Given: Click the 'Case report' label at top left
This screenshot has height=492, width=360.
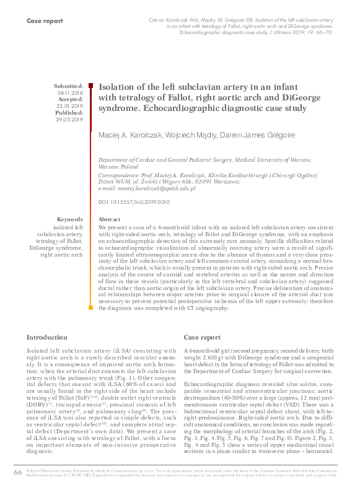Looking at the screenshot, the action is (x=45, y=21).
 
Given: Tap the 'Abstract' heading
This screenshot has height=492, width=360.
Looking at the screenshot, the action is (x=110, y=219).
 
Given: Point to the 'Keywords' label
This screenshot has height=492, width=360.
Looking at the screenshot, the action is (x=69, y=219).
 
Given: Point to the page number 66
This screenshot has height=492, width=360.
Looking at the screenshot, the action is (x=17, y=473).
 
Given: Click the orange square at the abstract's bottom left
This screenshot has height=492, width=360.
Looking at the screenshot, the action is (x=92, y=308).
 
